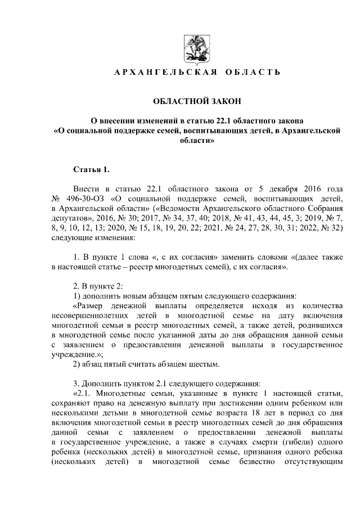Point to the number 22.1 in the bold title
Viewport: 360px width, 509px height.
[220, 120]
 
